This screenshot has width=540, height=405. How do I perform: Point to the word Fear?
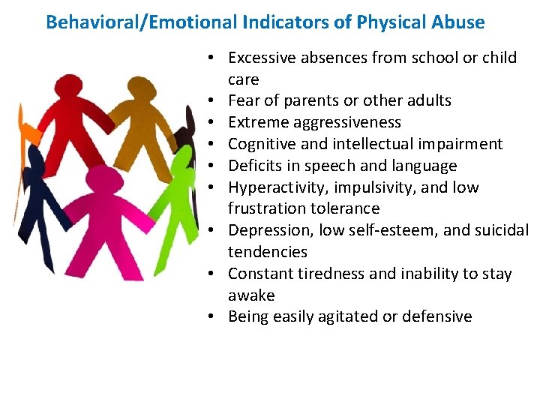243,100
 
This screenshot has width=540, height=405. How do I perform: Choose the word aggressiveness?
342,122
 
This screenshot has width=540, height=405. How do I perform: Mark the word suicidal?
499,230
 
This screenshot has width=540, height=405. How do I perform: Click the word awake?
251,295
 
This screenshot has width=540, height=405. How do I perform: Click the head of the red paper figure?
69,88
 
